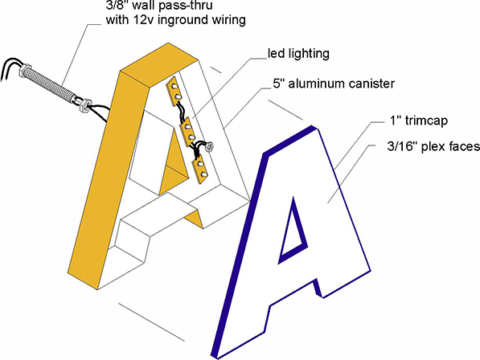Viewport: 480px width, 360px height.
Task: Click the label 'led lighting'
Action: (298, 54)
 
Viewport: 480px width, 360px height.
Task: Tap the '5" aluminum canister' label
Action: (334, 84)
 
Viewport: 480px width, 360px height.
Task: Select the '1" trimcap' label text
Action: (418, 121)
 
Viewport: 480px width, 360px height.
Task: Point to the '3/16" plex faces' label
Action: (433, 147)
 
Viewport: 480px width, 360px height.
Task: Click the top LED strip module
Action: (174, 92)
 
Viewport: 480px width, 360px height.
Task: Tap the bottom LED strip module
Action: (200, 169)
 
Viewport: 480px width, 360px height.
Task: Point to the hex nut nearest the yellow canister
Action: (84, 105)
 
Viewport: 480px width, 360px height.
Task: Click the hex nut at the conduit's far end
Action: (24, 71)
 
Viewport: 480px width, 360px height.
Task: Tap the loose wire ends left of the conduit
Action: (10, 69)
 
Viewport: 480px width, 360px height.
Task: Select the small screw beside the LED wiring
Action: (210, 147)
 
